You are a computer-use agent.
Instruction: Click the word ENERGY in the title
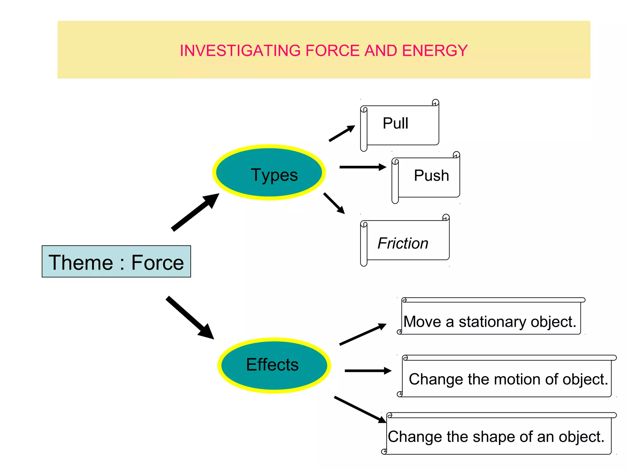tap(435, 51)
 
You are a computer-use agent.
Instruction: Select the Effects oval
tap(274, 365)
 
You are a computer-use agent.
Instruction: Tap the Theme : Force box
tap(116, 262)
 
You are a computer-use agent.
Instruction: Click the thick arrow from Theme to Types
tap(195, 212)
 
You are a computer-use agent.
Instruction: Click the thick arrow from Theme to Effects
tap(190, 318)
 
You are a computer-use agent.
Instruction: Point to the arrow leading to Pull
tap(341, 134)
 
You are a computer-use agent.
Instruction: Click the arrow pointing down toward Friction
tap(334, 203)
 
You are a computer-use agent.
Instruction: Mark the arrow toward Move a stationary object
tap(363, 334)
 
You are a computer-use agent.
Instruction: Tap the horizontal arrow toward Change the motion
tap(367, 371)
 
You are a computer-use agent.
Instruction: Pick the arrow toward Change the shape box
tap(360, 410)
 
